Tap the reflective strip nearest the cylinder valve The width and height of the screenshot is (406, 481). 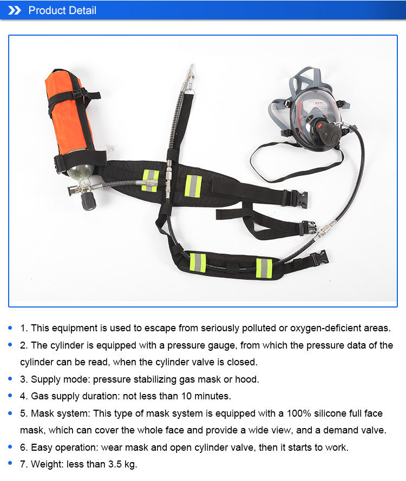[x=150, y=181]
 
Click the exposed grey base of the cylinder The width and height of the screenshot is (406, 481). [x=81, y=173]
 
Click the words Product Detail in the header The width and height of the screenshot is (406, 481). [x=62, y=10]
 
